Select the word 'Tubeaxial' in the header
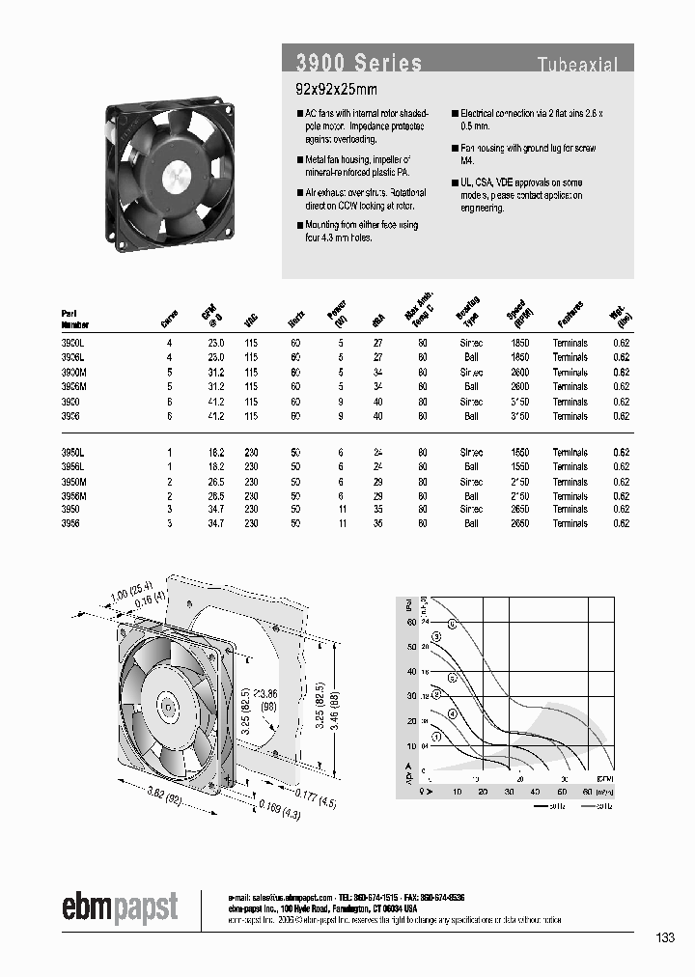[577, 65]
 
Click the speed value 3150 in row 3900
[519, 401]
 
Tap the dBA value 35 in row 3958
[377, 523]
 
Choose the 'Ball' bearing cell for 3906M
[471, 386]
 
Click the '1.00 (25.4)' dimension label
[124, 595]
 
